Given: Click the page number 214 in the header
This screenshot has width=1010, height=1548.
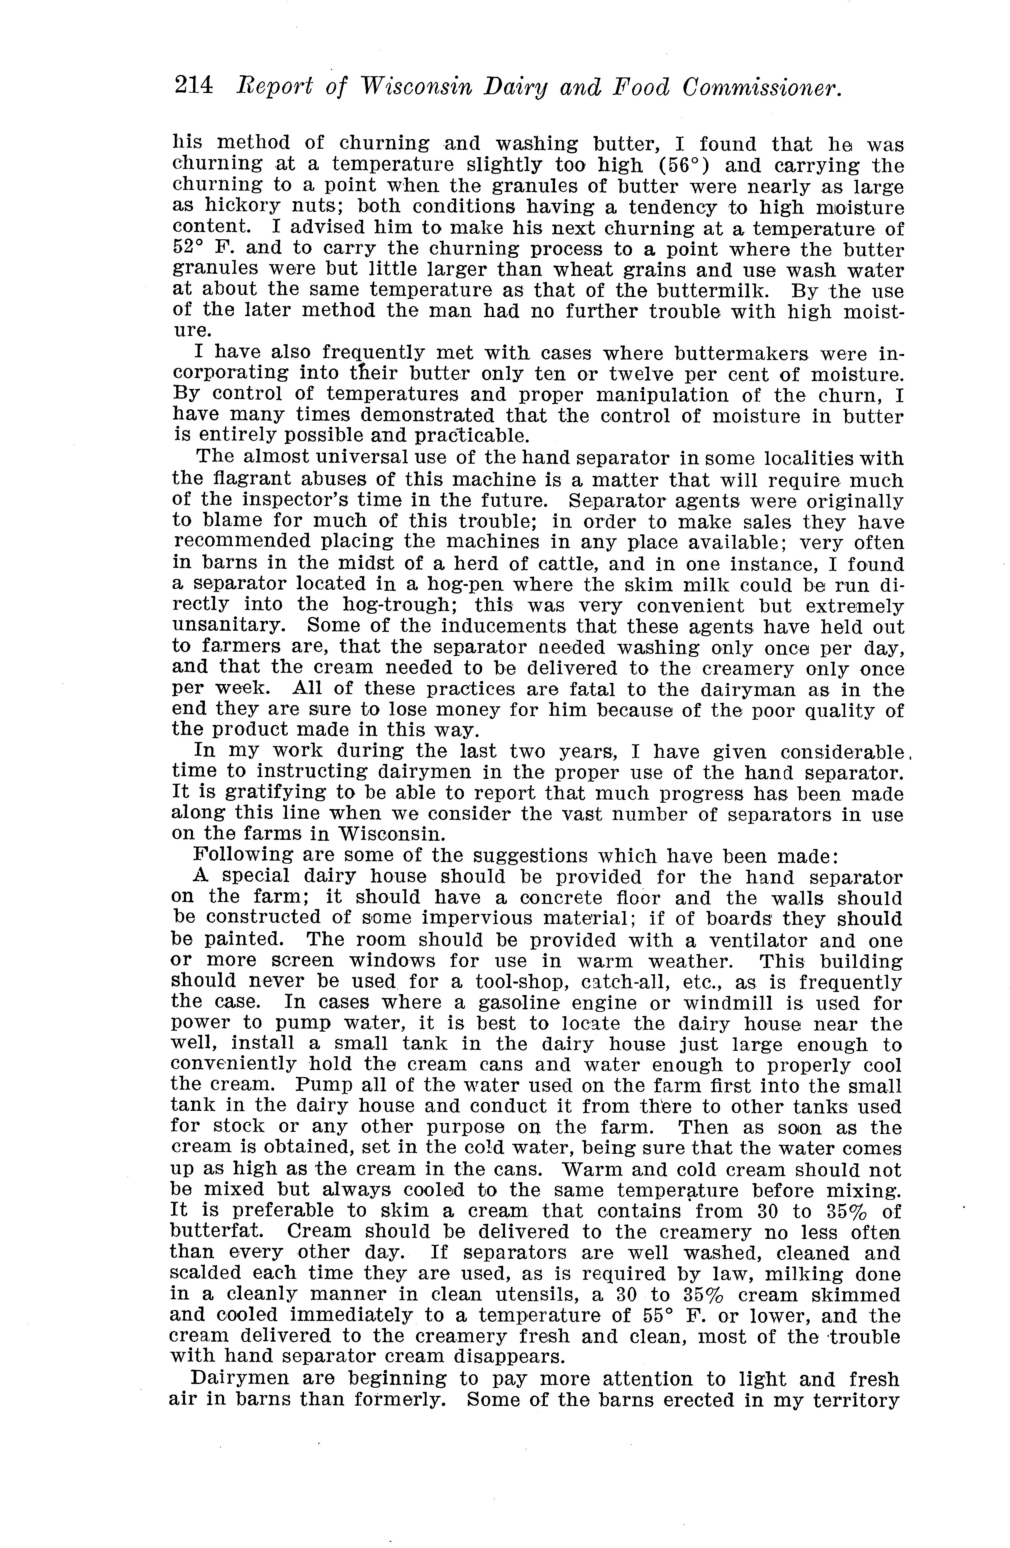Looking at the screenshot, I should pos(193,87).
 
